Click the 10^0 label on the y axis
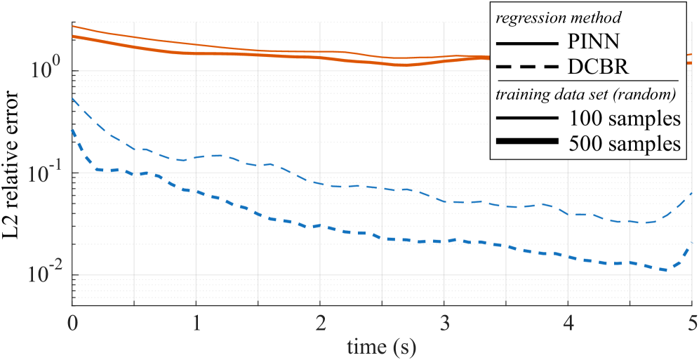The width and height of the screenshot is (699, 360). click(x=47, y=70)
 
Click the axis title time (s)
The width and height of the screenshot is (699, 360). click(x=382, y=345)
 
